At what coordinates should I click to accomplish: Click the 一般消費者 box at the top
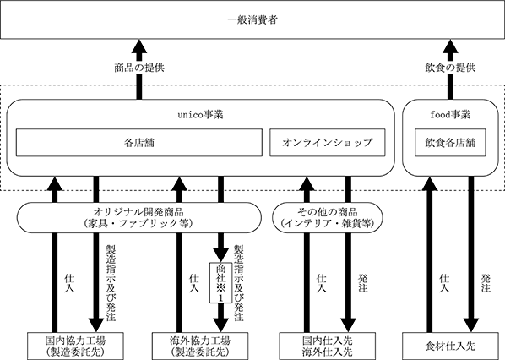click(x=252, y=19)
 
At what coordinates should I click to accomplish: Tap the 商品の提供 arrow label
click(x=139, y=68)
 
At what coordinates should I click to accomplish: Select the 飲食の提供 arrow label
click(x=450, y=68)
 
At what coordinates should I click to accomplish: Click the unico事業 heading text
click(x=200, y=115)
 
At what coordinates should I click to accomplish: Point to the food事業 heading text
click(x=450, y=115)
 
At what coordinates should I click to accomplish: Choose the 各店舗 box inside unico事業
click(x=139, y=143)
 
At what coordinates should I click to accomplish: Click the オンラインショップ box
click(x=327, y=143)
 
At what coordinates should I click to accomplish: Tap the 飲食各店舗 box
click(x=450, y=143)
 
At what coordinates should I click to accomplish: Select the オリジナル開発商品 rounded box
click(x=138, y=217)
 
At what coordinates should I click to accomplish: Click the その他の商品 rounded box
click(x=328, y=217)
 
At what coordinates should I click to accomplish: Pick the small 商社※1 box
click(x=220, y=283)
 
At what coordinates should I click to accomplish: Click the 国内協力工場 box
click(x=75, y=346)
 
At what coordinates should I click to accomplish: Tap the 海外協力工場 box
click(x=200, y=346)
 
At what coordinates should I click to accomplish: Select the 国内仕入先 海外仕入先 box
click(x=327, y=346)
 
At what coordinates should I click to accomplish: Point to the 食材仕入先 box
click(x=450, y=346)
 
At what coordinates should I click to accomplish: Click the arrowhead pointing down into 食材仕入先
click(x=471, y=325)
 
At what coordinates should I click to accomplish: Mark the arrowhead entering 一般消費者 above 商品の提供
click(x=139, y=46)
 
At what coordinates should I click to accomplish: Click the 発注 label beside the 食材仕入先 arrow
click(x=486, y=283)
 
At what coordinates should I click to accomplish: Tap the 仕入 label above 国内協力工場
click(x=69, y=283)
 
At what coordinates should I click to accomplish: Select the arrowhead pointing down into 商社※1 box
click(x=220, y=255)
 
